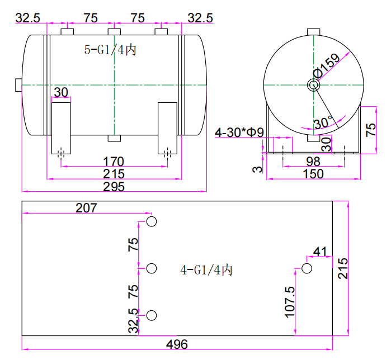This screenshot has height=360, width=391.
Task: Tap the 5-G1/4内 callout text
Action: [x=110, y=50]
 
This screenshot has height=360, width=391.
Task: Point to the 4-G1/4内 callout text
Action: [x=206, y=271]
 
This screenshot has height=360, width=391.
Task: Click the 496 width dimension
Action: [x=177, y=344]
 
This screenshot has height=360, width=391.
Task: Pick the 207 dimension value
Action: [x=86, y=208]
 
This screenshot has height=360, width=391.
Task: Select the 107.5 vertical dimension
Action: [x=289, y=302]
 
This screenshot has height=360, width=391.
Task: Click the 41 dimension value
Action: [x=320, y=252]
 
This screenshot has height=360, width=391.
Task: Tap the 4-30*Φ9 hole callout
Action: [x=239, y=133]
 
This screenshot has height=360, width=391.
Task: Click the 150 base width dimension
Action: [x=313, y=174]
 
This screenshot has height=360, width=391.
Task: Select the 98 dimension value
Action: [x=313, y=162]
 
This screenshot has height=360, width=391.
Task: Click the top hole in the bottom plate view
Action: [x=152, y=222]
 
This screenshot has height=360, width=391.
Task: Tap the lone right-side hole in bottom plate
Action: [x=306, y=268]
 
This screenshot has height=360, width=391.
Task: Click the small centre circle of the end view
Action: [x=313, y=85]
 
